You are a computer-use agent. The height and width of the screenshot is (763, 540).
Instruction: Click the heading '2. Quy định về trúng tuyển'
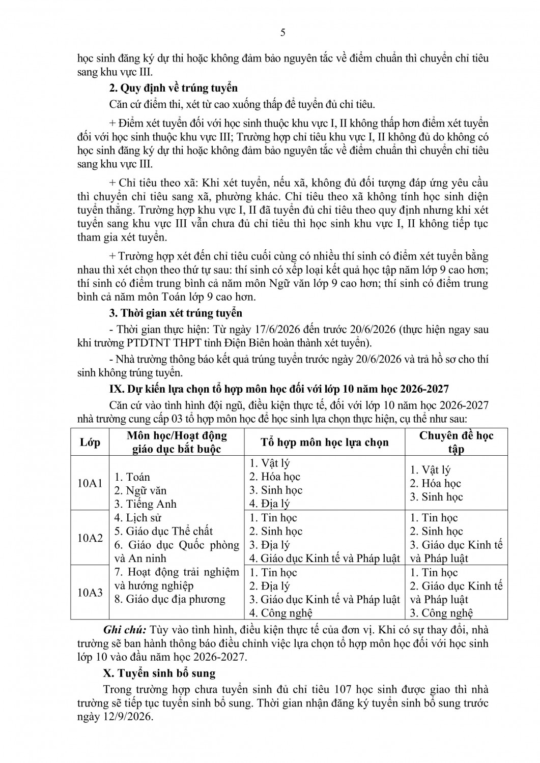coord(174,88)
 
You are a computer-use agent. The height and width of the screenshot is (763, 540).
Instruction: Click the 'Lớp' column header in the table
coord(90,442)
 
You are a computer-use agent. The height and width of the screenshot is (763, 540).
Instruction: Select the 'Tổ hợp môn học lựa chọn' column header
coord(325,442)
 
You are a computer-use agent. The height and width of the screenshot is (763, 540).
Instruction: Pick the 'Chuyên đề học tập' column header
coord(456,442)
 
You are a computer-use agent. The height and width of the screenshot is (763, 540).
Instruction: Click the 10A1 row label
coord(90,483)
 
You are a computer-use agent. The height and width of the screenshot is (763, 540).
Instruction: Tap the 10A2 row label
coord(90,538)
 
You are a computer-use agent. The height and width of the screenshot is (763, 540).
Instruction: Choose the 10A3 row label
coord(90,592)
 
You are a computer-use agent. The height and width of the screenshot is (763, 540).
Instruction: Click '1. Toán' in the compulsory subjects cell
coord(132,477)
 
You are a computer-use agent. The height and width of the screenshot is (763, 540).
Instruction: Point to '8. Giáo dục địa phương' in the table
coord(170,599)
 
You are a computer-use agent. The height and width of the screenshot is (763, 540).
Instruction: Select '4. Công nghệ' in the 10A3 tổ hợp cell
coord(280,613)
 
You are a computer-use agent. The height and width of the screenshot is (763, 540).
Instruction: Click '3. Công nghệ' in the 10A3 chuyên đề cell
coord(441,613)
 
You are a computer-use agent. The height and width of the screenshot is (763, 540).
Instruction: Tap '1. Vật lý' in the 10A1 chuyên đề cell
coord(430,470)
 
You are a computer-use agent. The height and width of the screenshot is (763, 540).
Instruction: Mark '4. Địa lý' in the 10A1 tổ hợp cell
coord(269,504)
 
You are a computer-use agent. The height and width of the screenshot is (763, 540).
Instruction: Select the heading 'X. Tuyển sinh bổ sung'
coord(159,673)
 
